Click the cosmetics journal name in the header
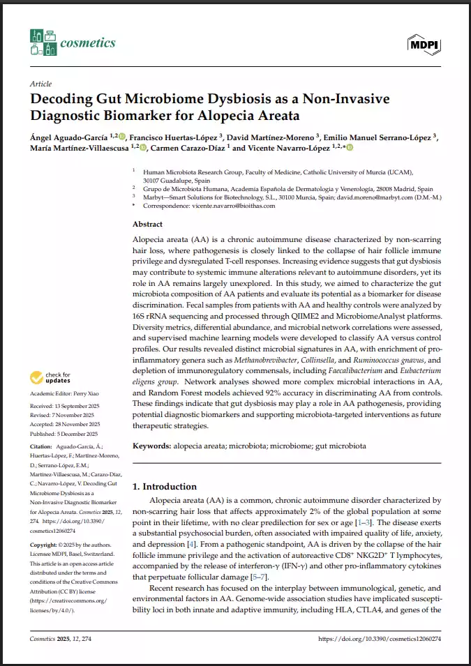pyautogui.click(x=87, y=43)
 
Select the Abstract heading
pyautogui.click(x=147, y=225)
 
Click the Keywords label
pyautogui.click(x=151, y=444)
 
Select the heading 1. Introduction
pyautogui.click(x=165, y=486)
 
